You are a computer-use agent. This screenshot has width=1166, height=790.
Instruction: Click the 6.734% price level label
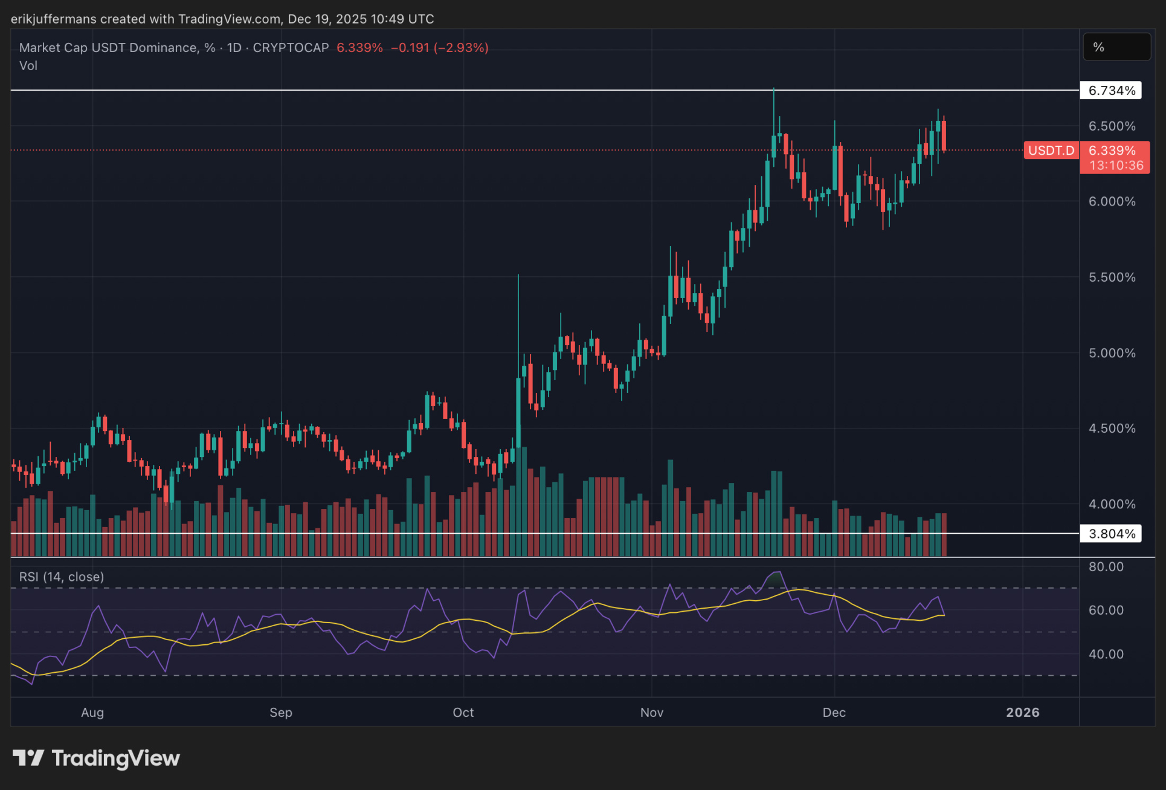click(1111, 91)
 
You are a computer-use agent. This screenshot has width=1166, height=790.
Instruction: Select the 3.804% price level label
click(1111, 534)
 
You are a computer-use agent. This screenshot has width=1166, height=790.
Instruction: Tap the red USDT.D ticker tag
click(1051, 151)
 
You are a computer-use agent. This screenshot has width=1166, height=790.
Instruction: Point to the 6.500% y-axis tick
click(1112, 126)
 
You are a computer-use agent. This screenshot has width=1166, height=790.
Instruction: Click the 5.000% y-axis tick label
click(1112, 353)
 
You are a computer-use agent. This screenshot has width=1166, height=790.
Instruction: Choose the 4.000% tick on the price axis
click(1112, 504)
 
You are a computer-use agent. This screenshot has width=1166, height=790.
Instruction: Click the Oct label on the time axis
click(463, 713)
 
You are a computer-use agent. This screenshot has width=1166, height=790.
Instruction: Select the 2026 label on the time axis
click(1022, 713)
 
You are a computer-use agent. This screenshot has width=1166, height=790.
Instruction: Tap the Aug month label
click(92, 713)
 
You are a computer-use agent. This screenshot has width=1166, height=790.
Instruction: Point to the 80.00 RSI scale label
click(1106, 567)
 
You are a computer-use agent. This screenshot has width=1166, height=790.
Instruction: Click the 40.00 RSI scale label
click(1106, 655)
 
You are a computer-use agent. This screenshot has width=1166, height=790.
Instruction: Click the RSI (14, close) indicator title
click(62, 577)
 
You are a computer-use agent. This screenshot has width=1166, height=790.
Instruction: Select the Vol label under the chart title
click(28, 66)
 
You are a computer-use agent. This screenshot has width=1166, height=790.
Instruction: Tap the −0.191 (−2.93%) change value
click(439, 48)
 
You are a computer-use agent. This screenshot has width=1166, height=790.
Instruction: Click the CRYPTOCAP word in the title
click(291, 48)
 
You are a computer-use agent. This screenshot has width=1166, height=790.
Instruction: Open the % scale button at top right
click(1116, 47)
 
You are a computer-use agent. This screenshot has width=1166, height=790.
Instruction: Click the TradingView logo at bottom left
click(97, 758)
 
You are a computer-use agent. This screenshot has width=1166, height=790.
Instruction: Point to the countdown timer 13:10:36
click(1116, 166)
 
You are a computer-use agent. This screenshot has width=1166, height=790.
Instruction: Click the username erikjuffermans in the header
click(54, 19)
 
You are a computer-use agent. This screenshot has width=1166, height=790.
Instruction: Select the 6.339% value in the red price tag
click(1112, 151)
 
